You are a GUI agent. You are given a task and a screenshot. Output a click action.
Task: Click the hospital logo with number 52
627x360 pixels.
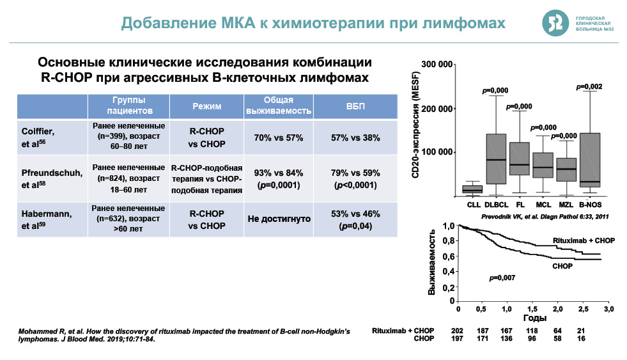tap(554, 23)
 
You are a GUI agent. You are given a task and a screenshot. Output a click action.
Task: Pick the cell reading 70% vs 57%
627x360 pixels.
tap(278, 137)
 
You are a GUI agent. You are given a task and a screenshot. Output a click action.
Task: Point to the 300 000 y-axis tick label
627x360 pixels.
tap(437, 65)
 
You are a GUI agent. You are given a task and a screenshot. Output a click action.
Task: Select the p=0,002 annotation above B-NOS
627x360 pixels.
tap(589, 86)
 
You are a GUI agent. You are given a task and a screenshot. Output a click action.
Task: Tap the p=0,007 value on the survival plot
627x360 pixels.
tap(502, 278)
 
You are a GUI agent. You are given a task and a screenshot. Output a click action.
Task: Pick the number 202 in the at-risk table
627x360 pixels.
tap(458, 331)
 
